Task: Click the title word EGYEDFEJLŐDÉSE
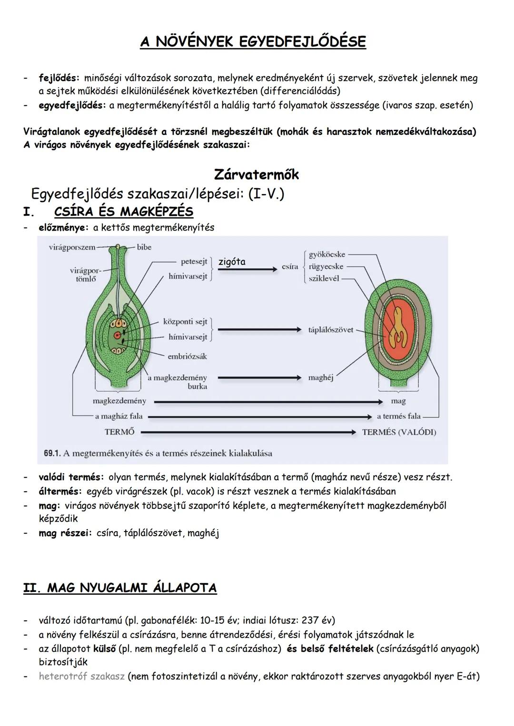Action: (x=302, y=42)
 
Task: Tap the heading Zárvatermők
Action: (x=257, y=174)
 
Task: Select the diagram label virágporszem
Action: (x=71, y=247)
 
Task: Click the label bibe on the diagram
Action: (x=144, y=247)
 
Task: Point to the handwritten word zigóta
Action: (x=232, y=262)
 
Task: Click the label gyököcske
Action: (x=326, y=255)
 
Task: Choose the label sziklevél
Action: (x=324, y=279)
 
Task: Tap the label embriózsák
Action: (x=187, y=356)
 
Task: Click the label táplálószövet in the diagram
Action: (x=331, y=329)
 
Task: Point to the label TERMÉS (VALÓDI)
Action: (x=399, y=432)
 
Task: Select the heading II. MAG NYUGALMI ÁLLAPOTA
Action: (x=120, y=588)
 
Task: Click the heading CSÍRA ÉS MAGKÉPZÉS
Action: (x=124, y=211)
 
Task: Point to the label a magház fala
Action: (x=119, y=416)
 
